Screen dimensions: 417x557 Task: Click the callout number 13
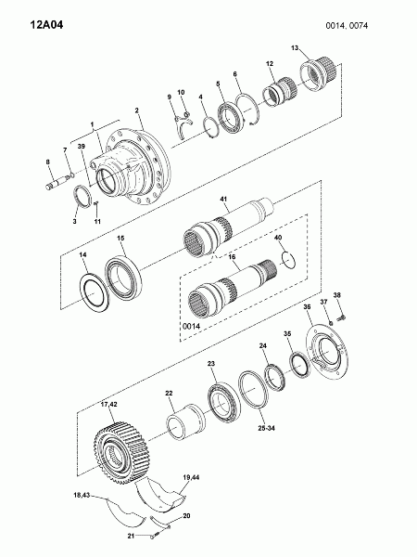pyautogui.click(x=295, y=47)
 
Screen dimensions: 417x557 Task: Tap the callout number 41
pyautogui.click(x=223, y=199)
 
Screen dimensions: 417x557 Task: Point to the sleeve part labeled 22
pyautogui.click(x=185, y=422)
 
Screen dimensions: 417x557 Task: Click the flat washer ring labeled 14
pyautogui.click(x=94, y=292)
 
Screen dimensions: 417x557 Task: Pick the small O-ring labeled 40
pyautogui.click(x=288, y=259)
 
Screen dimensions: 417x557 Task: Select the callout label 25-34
pyautogui.click(x=267, y=428)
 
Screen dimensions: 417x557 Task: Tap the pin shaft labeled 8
pyautogui.click(x=57, y=182)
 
